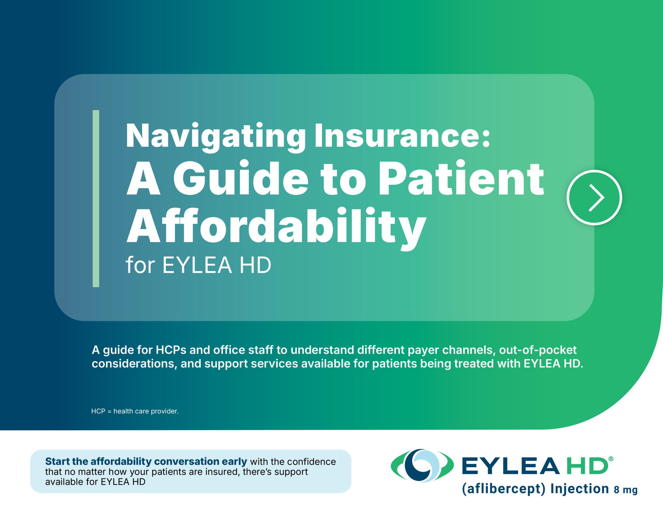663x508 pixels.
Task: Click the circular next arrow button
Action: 594,198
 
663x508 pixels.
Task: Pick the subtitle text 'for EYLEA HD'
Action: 198,265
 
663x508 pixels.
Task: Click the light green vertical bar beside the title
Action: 96,198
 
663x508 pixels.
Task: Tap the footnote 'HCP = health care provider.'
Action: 135,411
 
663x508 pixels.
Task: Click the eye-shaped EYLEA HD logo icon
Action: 422,465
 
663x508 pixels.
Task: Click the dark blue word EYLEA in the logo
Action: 510,466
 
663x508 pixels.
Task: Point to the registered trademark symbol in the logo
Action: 611,459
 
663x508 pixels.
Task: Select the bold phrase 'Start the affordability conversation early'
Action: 146,461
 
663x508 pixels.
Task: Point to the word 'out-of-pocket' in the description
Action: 538,350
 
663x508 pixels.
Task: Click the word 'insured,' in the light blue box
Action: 222,472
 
